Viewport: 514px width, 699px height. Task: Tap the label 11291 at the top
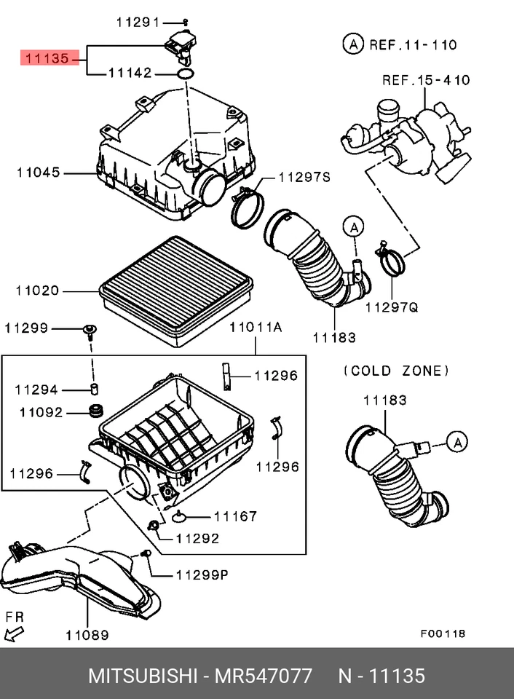click(138, 23)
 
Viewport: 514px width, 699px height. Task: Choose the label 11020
click(37, 291)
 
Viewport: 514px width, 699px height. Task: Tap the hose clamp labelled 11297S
click(247, 205)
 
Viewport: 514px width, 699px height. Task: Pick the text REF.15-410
click(426, 80)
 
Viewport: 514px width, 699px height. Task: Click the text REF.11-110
click(412, 44)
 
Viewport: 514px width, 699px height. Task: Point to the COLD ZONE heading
click(396, 371)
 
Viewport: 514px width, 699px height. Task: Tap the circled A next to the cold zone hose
click(456, 441)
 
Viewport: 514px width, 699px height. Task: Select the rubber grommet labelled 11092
click(94, 411)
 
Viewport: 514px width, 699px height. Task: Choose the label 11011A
click(255, 328)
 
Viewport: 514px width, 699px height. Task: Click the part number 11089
click(87, 635)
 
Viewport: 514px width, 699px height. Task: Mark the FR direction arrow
click(13, 629)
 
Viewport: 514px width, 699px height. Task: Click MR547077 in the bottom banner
click(263, 675)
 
